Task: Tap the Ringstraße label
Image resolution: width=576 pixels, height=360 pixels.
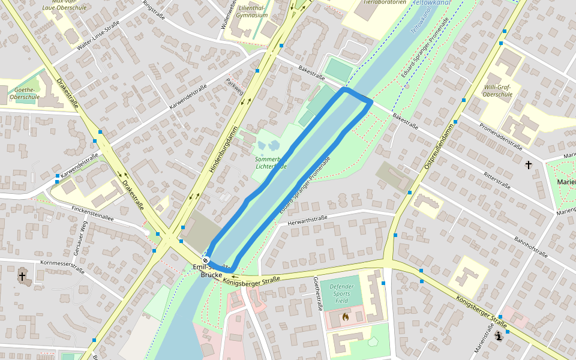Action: coord(154,11)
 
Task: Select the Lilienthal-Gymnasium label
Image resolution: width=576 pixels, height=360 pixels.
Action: coord(252,10)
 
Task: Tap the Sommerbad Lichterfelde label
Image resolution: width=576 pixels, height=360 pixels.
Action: coord(271,163)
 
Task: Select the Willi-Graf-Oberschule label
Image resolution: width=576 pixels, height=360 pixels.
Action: coord(498,91)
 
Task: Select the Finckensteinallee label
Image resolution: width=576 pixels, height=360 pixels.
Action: coord(92,214)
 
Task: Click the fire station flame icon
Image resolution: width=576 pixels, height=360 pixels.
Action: coord(345,316)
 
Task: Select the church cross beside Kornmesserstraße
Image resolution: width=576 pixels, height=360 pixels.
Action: coord(22,277)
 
